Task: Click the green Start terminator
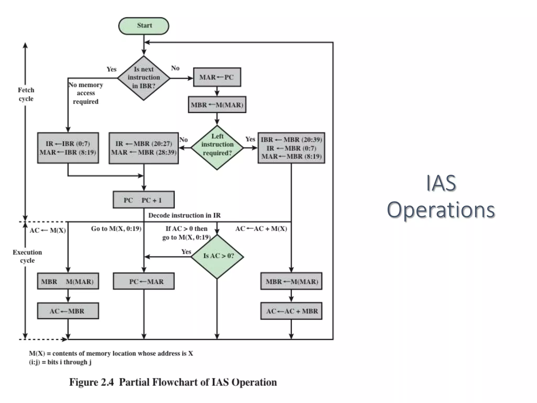(x=144, y=26)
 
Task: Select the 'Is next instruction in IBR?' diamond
(x=144, y=78)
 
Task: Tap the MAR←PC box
(x=217, y=77)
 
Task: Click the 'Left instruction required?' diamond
(x=217, y=147)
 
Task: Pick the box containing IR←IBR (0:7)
(x=68, y=148)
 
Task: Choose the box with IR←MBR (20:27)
(x=144, y=148)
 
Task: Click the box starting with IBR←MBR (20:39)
(x=291, y=148)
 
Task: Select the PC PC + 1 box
(x=144, y=200)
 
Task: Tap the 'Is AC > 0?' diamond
(x=217, y=256)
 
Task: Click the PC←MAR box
(x=144, y=281)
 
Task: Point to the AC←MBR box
(x=68, y=311)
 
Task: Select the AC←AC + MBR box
(x=291, y=311)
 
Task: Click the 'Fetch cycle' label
(x=26, y=94)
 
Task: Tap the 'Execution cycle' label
(x=27, y=256)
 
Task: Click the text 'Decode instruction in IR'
(x=184, y=215)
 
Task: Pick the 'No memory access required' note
(x=85, y=93)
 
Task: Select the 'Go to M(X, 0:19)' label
(x=116, y=229)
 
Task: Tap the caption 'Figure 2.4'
(x=92, y=382)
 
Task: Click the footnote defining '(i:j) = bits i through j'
(x=60, y=362)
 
